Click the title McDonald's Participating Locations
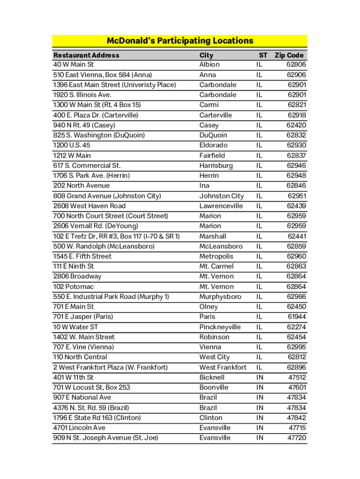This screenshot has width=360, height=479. click(x=180, y=41)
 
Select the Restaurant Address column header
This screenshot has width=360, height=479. click(x=86, y=55)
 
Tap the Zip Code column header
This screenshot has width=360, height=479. click(x=290, y=55)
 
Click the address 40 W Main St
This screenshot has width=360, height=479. click(x=73, y=65)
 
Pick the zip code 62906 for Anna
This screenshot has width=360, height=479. click(x=296, y=75)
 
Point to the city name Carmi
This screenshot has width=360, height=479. click(x=209, y=105)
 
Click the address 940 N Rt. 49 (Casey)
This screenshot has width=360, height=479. click(x=84, y=125)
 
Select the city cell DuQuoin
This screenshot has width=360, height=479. click(x=213, y=135)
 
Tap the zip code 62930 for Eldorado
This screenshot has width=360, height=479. click(x=296, y=145)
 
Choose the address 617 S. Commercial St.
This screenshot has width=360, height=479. click(x=87, y=166)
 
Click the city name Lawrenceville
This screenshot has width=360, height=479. click(x=221, y=206)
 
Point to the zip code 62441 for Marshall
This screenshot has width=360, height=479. click(x=297, y=236)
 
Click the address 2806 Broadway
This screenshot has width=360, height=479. click(x=77, y=276)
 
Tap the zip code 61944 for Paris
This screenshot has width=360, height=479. click(x=297, y=317)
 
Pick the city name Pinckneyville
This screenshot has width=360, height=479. click(x=220, y=327)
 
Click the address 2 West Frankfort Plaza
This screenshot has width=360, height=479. click(x=110, y=367)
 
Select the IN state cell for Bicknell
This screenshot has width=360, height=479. click(x=259, y=377)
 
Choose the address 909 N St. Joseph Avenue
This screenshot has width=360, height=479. click(x=106, y=438)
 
